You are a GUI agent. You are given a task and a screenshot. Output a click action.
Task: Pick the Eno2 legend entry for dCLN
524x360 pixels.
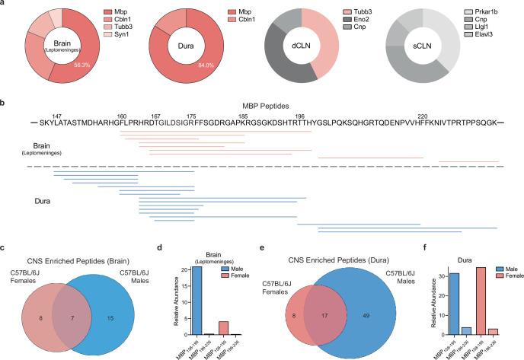pos(360,24)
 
